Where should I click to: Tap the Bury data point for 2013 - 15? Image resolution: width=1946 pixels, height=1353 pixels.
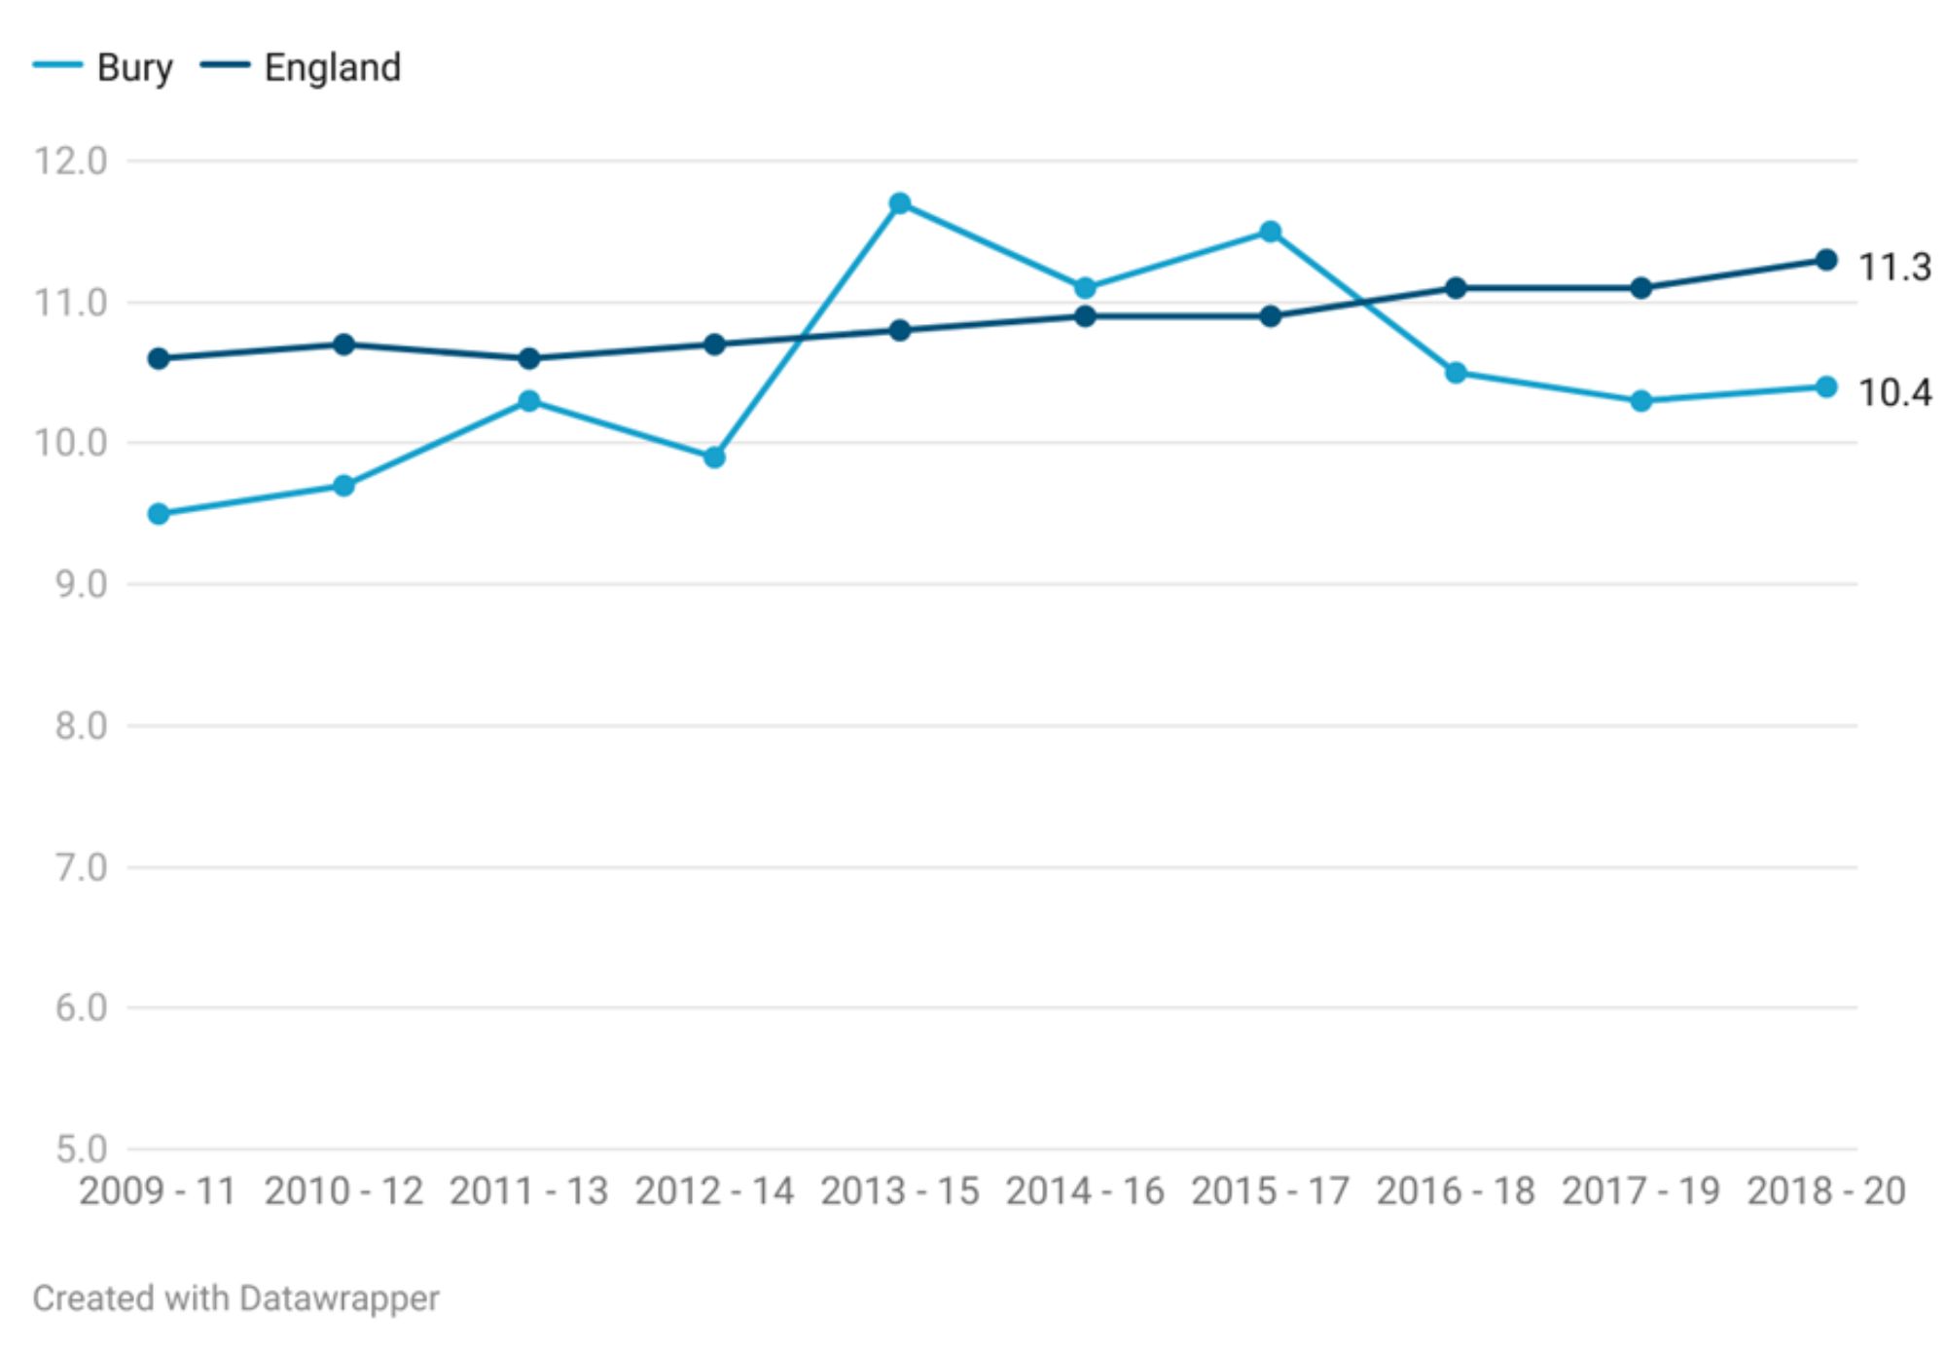tap(900, 203)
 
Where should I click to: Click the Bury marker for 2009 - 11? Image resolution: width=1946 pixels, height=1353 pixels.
tap(159, 514)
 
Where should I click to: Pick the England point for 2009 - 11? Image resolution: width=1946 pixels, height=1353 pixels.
tap(159, 359)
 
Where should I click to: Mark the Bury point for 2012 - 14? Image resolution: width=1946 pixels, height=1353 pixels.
tap(714, 457)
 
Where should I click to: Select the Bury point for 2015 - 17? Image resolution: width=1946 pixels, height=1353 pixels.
tap(1270, 232)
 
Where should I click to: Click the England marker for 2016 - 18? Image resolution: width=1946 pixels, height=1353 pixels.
tap(1456, 288)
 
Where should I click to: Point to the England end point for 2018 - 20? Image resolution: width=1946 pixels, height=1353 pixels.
tap(1826, 260)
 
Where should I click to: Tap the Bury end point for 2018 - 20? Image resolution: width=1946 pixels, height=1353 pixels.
tap(1826, 387)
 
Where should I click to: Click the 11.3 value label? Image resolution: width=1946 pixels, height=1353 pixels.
tap(1894, 267)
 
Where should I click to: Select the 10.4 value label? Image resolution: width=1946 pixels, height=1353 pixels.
tap(1894, 393)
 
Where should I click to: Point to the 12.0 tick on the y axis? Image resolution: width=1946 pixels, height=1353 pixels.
tap(71, 162)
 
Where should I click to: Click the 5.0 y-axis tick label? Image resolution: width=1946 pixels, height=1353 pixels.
tap(81, 1150)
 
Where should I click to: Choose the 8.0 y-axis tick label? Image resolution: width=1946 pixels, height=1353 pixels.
tap(81, 726)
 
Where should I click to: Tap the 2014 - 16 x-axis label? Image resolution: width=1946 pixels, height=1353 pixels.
tap(1085, 1191)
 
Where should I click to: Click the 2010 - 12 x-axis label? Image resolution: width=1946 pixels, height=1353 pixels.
tap(343, 1191)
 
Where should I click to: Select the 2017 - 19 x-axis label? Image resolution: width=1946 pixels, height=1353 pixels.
tap(1640, 1191)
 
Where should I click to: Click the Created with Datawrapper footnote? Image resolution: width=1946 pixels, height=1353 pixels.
tap(235, 1298)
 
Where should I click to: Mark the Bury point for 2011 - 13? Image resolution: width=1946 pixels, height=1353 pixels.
tap(529, 401)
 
